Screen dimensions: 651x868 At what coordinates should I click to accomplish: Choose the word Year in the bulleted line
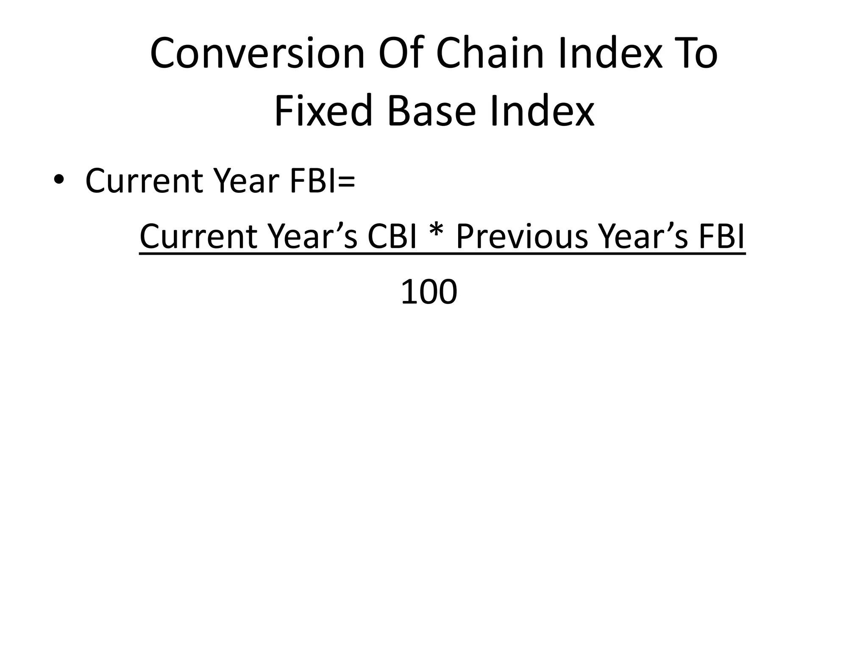point(246,181)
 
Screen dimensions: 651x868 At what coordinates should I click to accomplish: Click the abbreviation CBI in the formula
point(392,236)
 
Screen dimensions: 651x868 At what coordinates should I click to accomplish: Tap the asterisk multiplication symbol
point(437,234)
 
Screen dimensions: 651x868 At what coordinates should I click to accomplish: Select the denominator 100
point(429,292)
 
